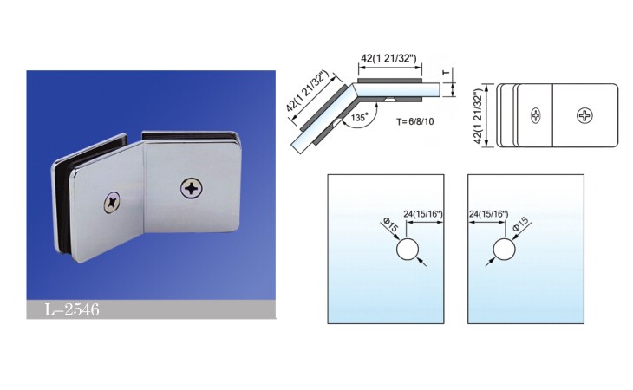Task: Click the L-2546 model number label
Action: (72, 309)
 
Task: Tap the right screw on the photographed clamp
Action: (192, 188)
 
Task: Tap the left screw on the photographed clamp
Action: (112, 202)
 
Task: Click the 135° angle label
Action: (359, 118)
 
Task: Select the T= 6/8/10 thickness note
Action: (415, 121)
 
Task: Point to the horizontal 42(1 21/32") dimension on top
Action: (388, 58)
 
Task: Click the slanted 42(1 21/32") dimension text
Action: (309, 91)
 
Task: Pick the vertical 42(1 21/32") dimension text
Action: (479, 117)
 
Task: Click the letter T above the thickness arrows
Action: (446, 73)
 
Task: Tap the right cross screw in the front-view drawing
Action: (584, 116)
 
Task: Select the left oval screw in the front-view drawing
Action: (536, 116)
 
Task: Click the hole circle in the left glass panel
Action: (408, 250)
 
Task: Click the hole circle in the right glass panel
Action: (504, 250)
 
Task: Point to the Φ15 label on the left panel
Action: (390, 224)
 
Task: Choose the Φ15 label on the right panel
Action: (521, 224)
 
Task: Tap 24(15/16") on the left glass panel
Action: (423, 214)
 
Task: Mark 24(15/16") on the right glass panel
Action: (488, 214)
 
